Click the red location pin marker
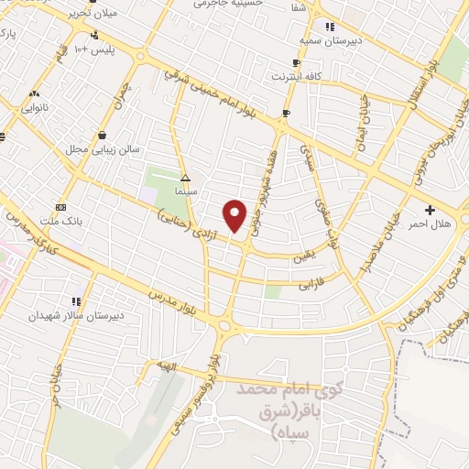(235, 214)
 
